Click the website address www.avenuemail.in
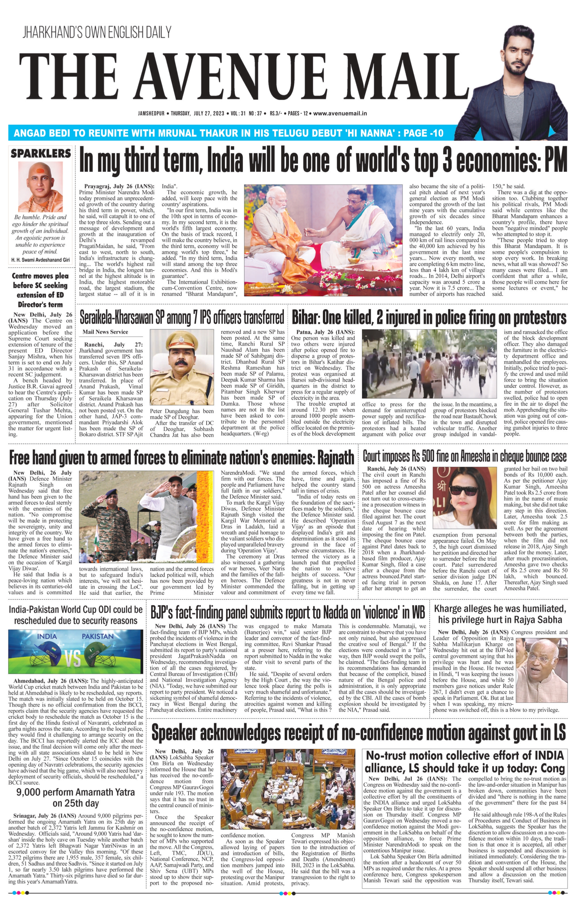(x=340, y=113)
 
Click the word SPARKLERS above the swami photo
(x=41, y=154)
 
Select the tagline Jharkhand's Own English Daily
(x=97, y=33)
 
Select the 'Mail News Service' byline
(x=105, y=332)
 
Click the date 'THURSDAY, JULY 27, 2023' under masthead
(x=197, y=113)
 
